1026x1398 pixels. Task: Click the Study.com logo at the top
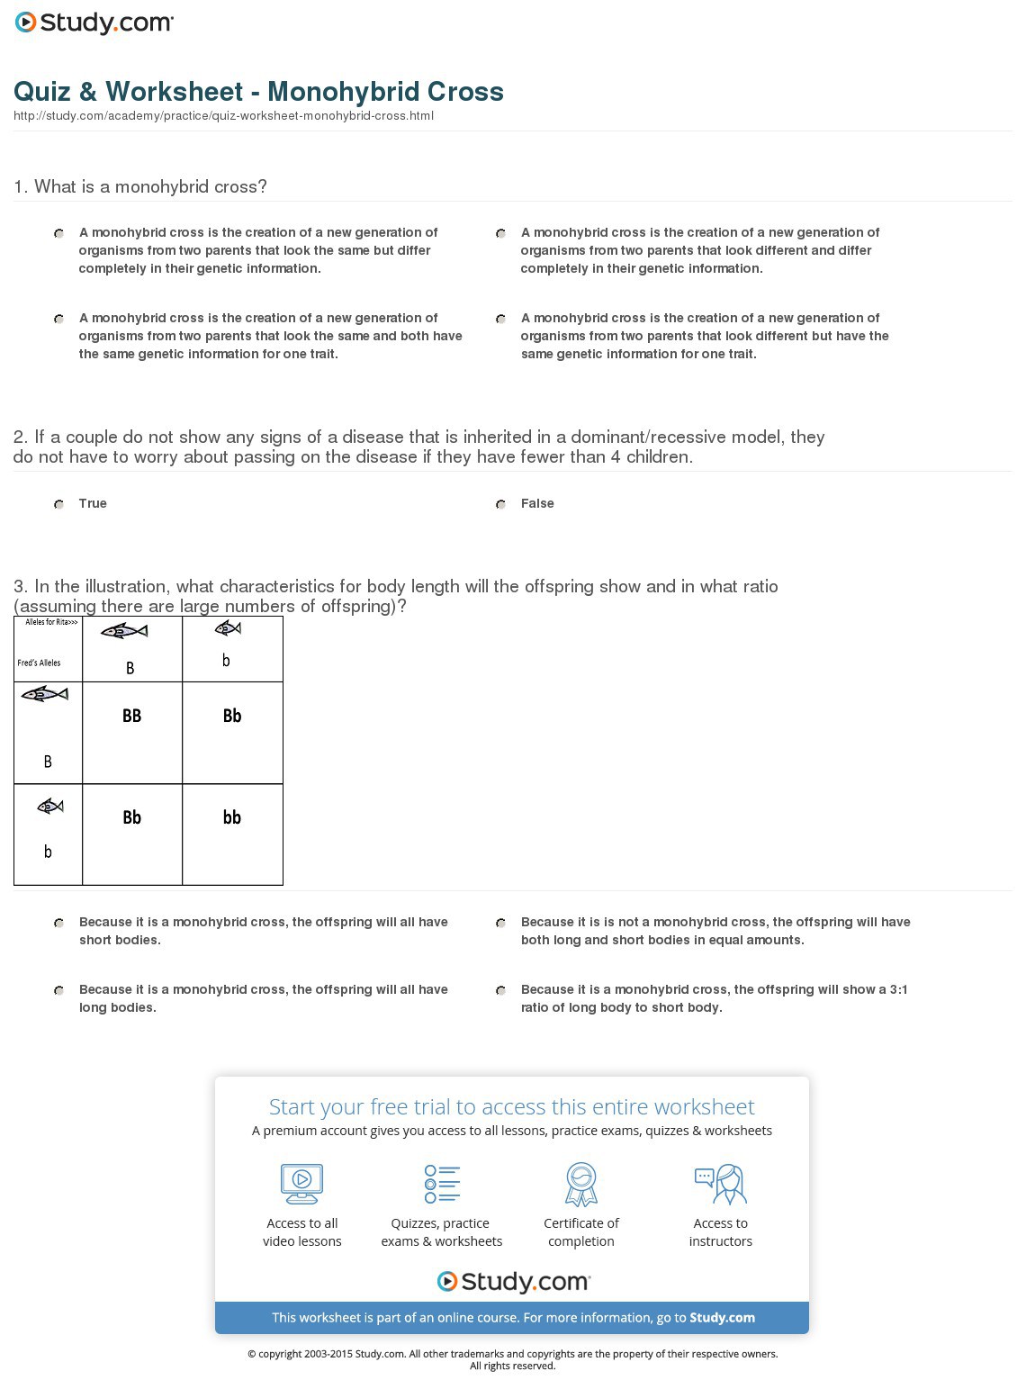click(94, 23)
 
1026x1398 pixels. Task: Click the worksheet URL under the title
click(223, 116)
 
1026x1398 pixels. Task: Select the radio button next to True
click(58, 504)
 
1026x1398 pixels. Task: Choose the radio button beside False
click(500, 504)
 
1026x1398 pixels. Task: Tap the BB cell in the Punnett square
click(131, 716)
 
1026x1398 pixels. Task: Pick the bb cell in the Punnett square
click(232, 817)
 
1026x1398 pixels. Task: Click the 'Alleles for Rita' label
click(51, 622)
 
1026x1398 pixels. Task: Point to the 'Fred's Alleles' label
click(39, 663)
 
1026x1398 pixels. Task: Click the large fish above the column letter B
click(124, 632)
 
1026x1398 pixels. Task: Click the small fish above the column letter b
click(228, 628)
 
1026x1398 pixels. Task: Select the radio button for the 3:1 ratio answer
click(500, 990)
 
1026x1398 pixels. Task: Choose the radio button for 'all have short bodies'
click(58, 923)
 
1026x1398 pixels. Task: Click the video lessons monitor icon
click(301, 1184)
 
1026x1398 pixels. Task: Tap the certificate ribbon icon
click(581, 1184)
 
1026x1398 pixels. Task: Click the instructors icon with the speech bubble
click(720, 1184)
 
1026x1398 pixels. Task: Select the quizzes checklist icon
click(442, 1184)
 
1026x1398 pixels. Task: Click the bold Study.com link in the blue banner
click(722, 1318)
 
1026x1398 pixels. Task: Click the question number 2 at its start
click(20, 437)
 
